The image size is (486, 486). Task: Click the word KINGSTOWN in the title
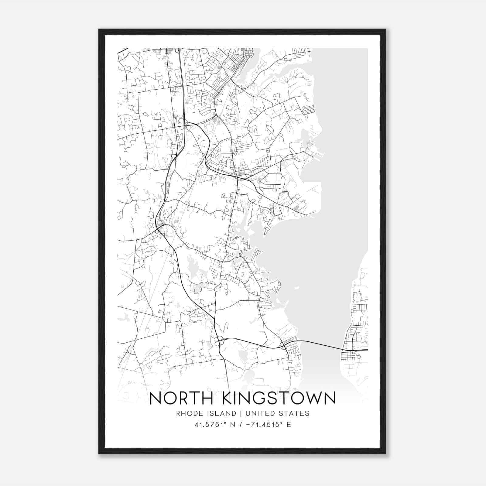pyautogui.click(x=279, y=398)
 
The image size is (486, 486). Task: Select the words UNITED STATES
pyautogui.click(x=277, y=413)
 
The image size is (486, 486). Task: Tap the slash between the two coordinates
pyautogui.click(x=241, y=424)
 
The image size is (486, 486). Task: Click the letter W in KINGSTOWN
pyautogui.click(x=313, y=398)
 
